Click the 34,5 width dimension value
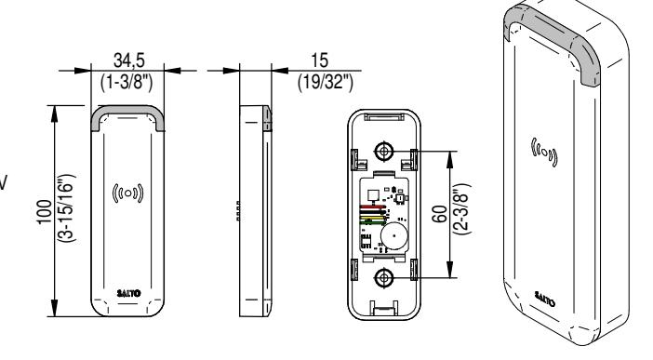(x=128, y=60)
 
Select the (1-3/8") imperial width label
(x=127, y=81)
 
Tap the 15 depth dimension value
(x=319, y=60)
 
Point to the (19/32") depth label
(x=326, y=82)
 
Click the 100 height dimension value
(x=45, y=212)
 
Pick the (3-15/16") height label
(x=67, y=208)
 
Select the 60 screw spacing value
(x=441, y=214)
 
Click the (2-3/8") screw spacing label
(x=461, y=209)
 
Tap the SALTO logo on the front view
(x=128, y=293)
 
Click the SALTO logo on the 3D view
(x=544, y=299)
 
